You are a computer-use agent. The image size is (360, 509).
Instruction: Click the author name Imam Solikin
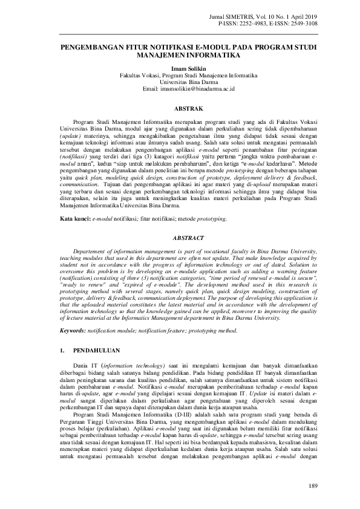tap(180, 69)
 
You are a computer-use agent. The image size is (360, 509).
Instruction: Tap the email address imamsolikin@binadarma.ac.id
tap(180, 89)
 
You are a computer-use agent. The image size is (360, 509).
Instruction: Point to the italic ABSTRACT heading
tap(180, 238)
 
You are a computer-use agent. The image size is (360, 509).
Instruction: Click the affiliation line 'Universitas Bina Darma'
tap(180, 82)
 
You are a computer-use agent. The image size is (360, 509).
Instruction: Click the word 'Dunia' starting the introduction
tap(80, 367)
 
